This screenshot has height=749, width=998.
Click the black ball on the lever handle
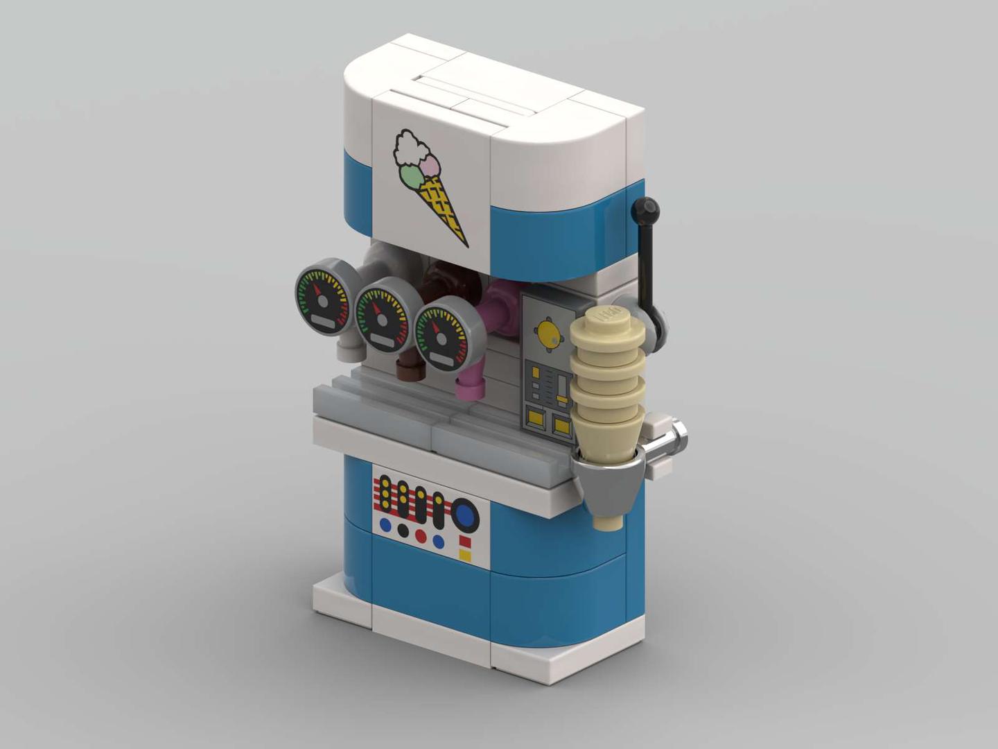[647, 207]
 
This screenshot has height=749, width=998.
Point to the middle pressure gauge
[383, 316]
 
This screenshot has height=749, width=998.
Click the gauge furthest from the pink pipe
[323, 298]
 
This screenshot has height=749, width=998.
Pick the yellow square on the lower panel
[465, 556]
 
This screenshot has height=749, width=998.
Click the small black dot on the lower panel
[403, 531]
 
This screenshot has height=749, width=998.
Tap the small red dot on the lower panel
[421, 536]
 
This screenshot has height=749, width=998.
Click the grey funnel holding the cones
[610, 485]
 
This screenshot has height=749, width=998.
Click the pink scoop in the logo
[431, 165]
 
